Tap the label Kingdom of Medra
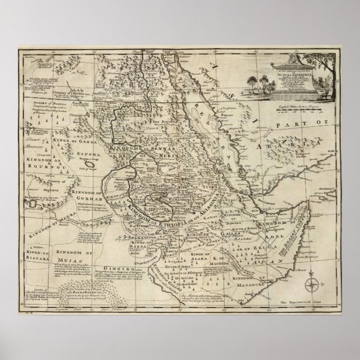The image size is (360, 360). [49, 220]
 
